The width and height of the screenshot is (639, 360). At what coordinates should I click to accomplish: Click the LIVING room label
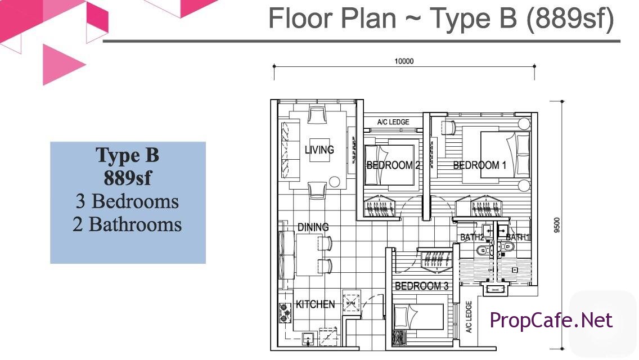(x=319, y=150)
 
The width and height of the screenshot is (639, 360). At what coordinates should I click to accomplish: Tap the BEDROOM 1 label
(x=480, y=165)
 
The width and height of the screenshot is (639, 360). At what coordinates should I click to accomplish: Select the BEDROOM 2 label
(x=393, y=165)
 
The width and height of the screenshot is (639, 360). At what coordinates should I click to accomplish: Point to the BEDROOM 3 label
(x=422, y=286)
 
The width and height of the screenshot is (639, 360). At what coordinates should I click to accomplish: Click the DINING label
(x=313, y=227)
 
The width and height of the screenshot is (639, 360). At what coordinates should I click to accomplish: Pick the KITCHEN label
(x=316, y=304)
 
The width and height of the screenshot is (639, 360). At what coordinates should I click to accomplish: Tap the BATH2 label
(x=472, y=237)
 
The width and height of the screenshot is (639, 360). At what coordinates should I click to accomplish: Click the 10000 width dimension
(x=404, y=61)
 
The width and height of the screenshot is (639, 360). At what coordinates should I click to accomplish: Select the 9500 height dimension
(x=557, y=225)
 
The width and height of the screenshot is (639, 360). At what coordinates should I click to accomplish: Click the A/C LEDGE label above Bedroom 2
(x=393, y=122)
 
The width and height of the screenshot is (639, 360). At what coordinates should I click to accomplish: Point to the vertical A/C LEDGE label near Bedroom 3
(x=469, y=317)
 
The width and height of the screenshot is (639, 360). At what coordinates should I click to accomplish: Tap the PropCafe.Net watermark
(x=551, y=320)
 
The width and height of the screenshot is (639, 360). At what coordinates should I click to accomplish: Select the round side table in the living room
(x=334, y=182)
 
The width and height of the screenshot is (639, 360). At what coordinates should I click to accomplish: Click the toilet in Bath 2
(x=484, y=249)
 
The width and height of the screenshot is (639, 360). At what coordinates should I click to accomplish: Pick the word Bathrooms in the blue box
(x=135, y=224)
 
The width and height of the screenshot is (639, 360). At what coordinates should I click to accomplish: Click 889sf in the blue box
(x=128, y=178)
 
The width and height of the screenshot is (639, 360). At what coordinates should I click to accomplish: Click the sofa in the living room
(x=290, y=150)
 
